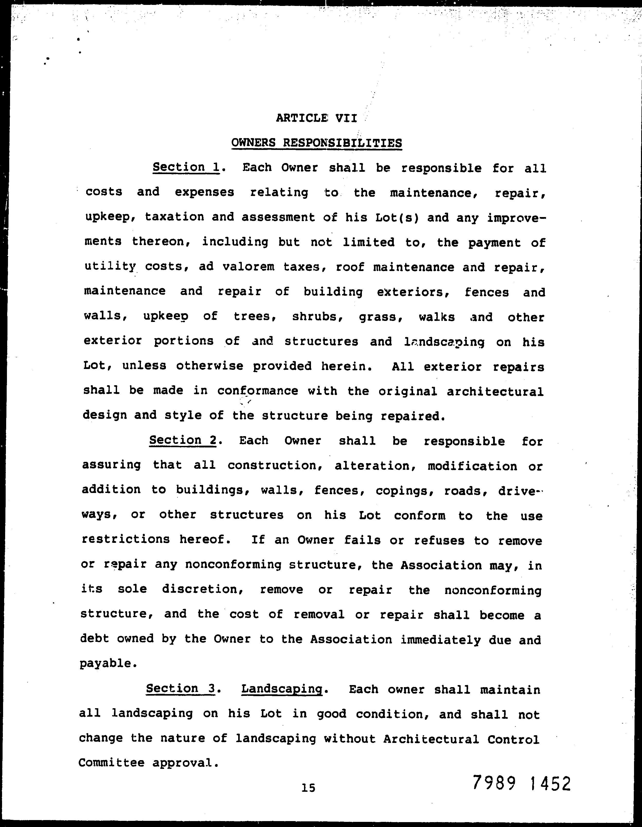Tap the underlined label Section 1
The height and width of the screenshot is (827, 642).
click(x=186, y=167)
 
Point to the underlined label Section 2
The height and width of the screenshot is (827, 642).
click(x=183, y=441)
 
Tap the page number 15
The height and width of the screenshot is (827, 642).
click(x=308, y=788)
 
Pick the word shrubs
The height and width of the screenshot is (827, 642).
click(x=317, y=317)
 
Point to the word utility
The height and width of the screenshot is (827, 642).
click(x=110, y=267)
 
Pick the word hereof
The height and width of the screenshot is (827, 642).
click(x=205, y=540)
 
